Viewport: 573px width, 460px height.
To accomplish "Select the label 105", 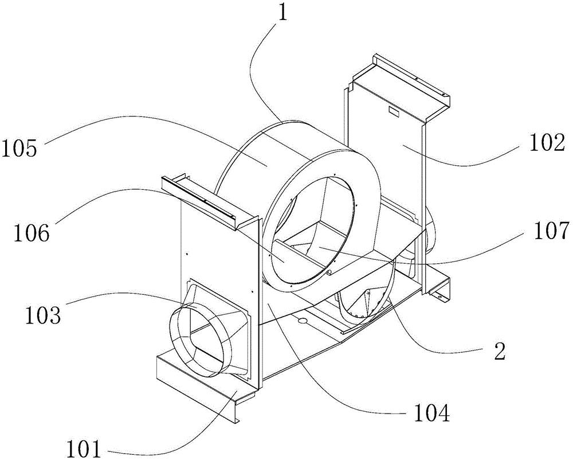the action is [21, 149].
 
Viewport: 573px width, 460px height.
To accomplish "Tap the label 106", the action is [32, 233].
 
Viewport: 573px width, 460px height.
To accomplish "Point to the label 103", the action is [43, 315].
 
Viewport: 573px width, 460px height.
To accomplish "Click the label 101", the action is [84, 449].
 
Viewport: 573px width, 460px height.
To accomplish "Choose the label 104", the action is [432, 414].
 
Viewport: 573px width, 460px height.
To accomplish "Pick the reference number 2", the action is [499, 352].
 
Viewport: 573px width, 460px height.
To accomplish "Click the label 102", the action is [546, 144].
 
